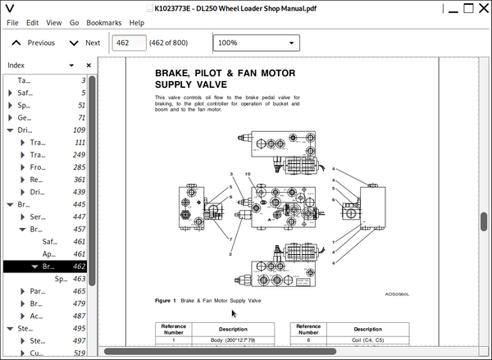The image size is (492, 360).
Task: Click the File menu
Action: [12, 23]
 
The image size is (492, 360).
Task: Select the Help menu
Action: [136, 23]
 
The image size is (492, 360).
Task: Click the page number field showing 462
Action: [128, 43]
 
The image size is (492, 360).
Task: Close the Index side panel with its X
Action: [89, 65]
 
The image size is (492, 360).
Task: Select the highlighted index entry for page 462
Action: [49, 267]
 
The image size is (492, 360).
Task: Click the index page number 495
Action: [78, 328]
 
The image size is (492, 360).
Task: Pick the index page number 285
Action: [78, 167]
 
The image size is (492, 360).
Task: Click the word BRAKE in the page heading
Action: [174, 73]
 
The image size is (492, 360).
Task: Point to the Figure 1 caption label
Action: [166, 301]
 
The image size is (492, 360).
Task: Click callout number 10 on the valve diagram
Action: [247, 175]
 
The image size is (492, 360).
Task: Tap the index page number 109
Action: [79, 130]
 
